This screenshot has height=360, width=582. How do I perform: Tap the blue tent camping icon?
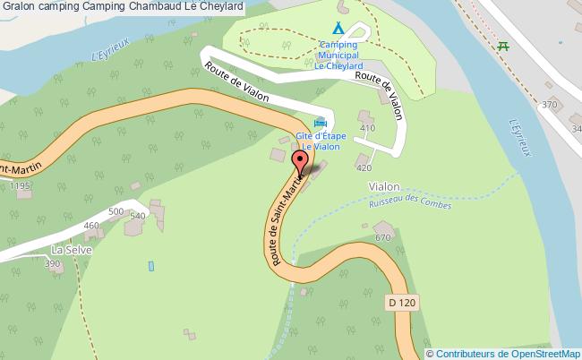coord(337,28)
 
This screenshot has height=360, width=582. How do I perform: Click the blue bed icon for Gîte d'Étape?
coord(320,123)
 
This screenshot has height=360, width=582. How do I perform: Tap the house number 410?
coord(366,129)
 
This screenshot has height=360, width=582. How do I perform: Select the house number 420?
coord(364,167)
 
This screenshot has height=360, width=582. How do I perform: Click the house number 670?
coord(383,237)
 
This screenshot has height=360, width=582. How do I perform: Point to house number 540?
coord(137,216)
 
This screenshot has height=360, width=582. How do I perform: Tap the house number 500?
coord(116,211)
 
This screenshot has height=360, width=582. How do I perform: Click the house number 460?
coord(90,225)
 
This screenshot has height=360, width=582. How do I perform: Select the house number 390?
coord(53,264)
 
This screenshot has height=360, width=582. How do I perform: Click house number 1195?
coord(21,185)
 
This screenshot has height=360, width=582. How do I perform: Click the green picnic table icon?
coord(503,45)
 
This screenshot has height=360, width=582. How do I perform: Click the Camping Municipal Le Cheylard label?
coord(338,54)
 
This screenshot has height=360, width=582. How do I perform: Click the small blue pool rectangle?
coord(150,266)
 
